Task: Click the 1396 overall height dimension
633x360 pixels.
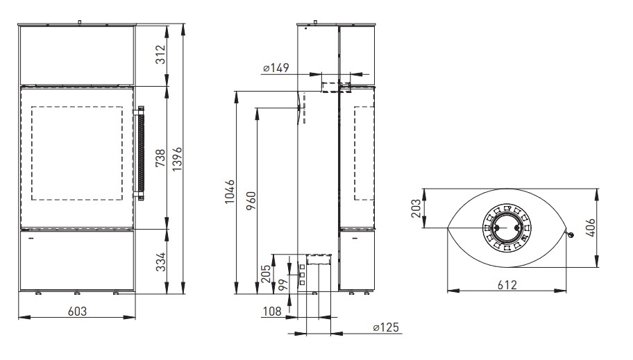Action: [x=178, y=159]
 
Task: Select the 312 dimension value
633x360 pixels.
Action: [x=160, y=55]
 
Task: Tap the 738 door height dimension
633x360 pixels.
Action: [x=160, y=158]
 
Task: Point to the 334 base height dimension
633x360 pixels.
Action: [x=160, y=262]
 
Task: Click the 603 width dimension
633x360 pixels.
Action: [x=77, y=311]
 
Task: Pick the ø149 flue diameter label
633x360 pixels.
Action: [x=276, y=68]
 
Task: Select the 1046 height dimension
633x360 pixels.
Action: [x=229, y=191]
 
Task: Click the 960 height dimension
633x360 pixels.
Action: [x=251, y=200]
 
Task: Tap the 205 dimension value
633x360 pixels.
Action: [x=265, y=274]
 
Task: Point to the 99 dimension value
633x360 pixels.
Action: [x=283, y=285]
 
